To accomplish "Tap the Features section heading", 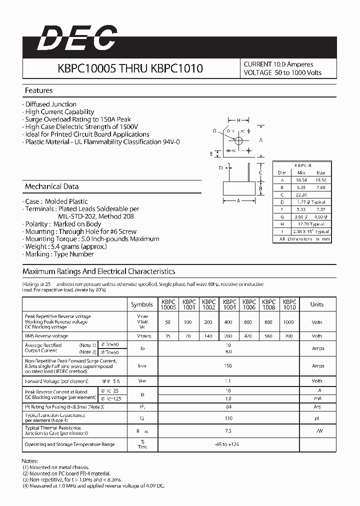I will coord(39,90).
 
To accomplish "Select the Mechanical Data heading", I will coord(52,186).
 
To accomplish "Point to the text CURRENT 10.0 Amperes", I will coord(278,64).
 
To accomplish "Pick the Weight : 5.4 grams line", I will coord(59,246).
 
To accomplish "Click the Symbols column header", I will coord(142,304).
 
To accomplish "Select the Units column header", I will coord(317,304).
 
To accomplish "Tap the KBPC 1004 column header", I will coord(229,304).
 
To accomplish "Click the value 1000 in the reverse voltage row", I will coord(288,322).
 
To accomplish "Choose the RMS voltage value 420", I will coord(249,336).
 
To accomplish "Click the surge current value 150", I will coord(228,366).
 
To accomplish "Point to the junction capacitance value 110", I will coord(228,418).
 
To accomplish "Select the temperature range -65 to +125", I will coord(228,444).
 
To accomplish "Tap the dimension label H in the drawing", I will coord(239,120).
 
